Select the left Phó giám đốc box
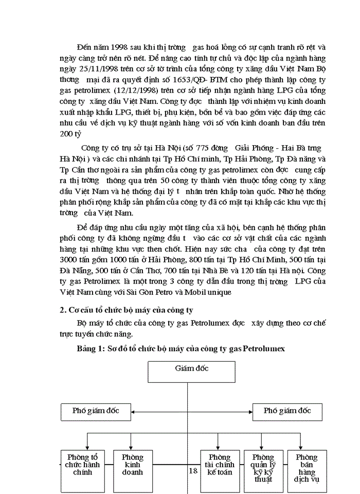tap(96, 411)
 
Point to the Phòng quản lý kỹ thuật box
tap(263, 467)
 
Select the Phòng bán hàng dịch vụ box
tap(307, 467)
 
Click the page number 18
tap(193, 470)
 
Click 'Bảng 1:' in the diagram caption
tap(91, 348)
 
